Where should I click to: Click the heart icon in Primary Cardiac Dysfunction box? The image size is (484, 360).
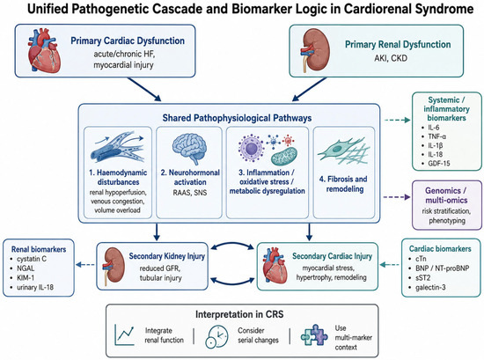click(x=44, y=51)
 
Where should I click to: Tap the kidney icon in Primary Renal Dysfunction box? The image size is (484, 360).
click(x=314, y=50)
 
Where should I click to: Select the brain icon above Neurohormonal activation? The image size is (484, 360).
click(x=189, y=149)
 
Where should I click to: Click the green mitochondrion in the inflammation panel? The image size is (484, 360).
click(x=284, y=156)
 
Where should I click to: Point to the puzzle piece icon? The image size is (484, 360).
click(x=314, y=335)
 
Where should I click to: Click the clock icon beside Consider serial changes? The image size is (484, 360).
click(x=216, y=336)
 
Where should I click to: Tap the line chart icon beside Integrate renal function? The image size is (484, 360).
click(x=124, y=334)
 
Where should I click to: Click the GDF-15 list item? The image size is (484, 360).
click(x=436, y=164)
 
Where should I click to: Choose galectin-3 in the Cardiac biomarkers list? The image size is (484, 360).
click(x=427, y=288)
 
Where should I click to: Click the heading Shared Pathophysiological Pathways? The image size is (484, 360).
click(x=237, y=118)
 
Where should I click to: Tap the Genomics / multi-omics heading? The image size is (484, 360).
click(x=446, y=195)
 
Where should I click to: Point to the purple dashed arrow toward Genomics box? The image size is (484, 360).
click(x=397, y=197)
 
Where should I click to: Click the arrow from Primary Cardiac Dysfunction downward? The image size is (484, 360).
click(x=144, y=89)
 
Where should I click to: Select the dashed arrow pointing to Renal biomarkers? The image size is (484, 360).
click(x=85, y=265)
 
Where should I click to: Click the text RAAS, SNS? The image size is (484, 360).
click(x=189, y=193)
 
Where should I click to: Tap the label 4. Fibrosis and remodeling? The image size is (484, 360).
click(x=344, y=184)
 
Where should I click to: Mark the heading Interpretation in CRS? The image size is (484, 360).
click(x=239, y=314)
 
